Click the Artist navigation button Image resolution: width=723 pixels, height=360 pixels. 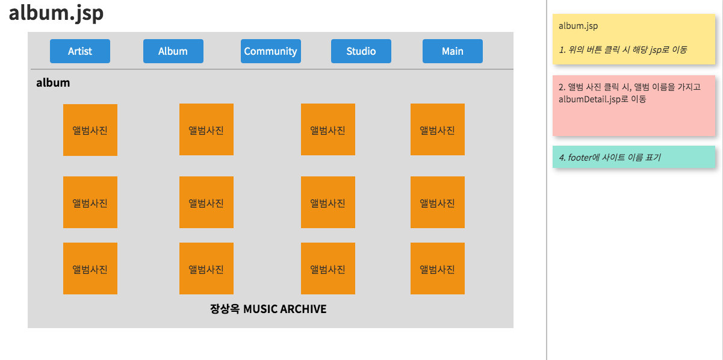tap(80, 51)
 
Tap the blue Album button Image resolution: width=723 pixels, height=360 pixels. tap(173, 51)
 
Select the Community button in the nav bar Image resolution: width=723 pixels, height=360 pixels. tap(271, 51)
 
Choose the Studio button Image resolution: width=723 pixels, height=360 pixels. tap(361, 51)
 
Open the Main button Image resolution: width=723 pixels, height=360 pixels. tap(453, 51)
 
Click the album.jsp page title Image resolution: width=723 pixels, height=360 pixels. tap(56, 13)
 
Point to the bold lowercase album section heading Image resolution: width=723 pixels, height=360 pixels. tap(53, 83)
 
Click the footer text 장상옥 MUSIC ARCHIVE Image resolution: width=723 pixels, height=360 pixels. tap(268, 309)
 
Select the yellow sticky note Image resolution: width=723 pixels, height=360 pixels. tap(633, 39)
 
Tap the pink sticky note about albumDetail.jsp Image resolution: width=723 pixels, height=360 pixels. tap(633, 105)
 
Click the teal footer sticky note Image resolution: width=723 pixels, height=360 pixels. tap(633, 157)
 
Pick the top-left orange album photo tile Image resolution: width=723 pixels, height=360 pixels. tap(90, 130)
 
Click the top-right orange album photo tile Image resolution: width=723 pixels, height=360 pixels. tap(438, 129)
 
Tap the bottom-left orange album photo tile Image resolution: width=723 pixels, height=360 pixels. tap(90, 268)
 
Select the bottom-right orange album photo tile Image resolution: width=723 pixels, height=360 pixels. tap(438, 268)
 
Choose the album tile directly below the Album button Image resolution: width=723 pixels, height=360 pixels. tap(206, 129)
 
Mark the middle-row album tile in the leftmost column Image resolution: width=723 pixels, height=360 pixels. tap(90, 202)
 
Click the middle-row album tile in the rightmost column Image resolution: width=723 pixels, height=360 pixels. tap(438, 202)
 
